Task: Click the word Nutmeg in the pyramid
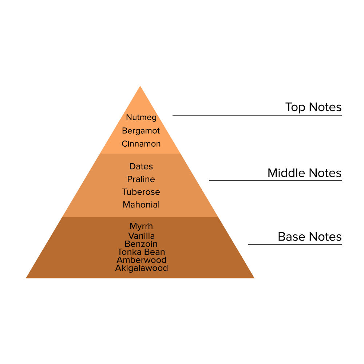pos(141,117)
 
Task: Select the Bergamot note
pos(141,131)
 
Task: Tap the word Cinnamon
pos(141,144)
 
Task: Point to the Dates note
pos(141,166)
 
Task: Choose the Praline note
pos(141,179)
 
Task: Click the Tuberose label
pos(141,192)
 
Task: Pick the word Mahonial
pos(141,205)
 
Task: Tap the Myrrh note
pos(141,227)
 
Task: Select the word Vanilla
pos(141,236)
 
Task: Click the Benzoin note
pos(141,244)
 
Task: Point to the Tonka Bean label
pos(141,252)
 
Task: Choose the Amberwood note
pos(142,260)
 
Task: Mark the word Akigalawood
pos(142,268)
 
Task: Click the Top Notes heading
pos(313,107)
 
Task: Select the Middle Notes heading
pos(304,173)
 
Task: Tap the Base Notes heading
pos(309,237)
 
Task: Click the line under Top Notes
pos(257,116)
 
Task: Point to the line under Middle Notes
pos(275,180)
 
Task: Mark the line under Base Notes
pos(295,244)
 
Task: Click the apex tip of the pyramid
pos(140,87)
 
